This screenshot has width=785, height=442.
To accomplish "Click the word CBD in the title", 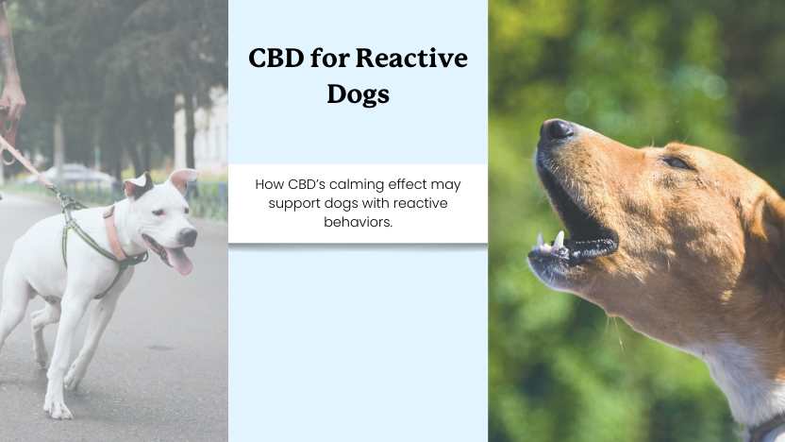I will pyautogui.click(x=276, y=59).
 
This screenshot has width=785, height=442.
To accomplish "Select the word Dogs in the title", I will pyautogui.click(x=358, y=94).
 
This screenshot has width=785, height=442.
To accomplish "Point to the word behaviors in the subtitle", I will pyautogui.click(x=358, y=221).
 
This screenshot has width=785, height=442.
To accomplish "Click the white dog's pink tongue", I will pyautogui.click(x=179, y=260).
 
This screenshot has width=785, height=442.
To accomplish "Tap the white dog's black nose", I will pyautogui.click(x=188, y=235).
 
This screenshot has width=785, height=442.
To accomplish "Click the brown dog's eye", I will pyautogui.click(x=676, y=162).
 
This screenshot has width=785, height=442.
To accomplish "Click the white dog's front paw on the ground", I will pyautogui.click(x=58, y=410).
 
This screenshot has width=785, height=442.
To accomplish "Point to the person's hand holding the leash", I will pyautogui.click(x=12, y=98).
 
